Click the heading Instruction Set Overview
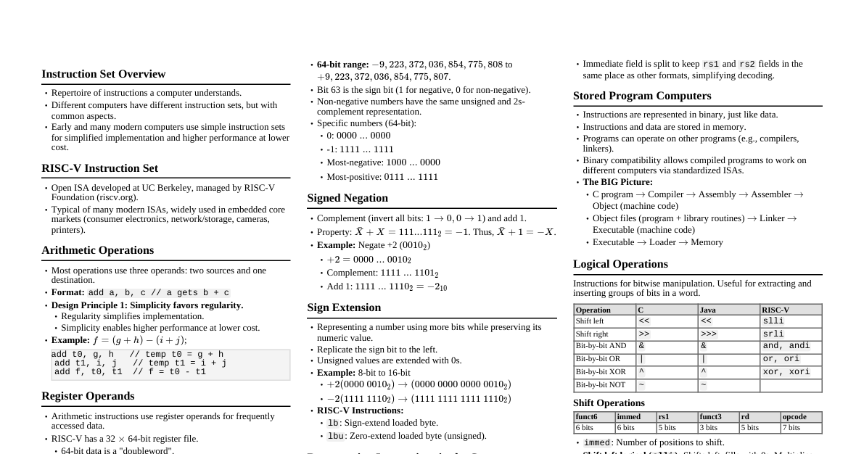pos(103,74)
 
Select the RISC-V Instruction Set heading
pos(99,168)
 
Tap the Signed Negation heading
pos(347,198)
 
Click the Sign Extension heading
pos(344,308)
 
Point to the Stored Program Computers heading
pos(642,96)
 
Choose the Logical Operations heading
pos(620,264)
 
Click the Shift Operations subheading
pos(609,403)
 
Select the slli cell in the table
pos(773,321)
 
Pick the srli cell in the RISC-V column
pos(773,334)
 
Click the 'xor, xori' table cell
pos(781,372)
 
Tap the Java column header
pos(707,310)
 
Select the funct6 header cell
pos(586,417)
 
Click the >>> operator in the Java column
pos(706,334)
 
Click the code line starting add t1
pos(140,363)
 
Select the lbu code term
pos(335,436)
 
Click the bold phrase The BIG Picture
pos(617,182)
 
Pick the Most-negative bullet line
pos(383,162)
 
